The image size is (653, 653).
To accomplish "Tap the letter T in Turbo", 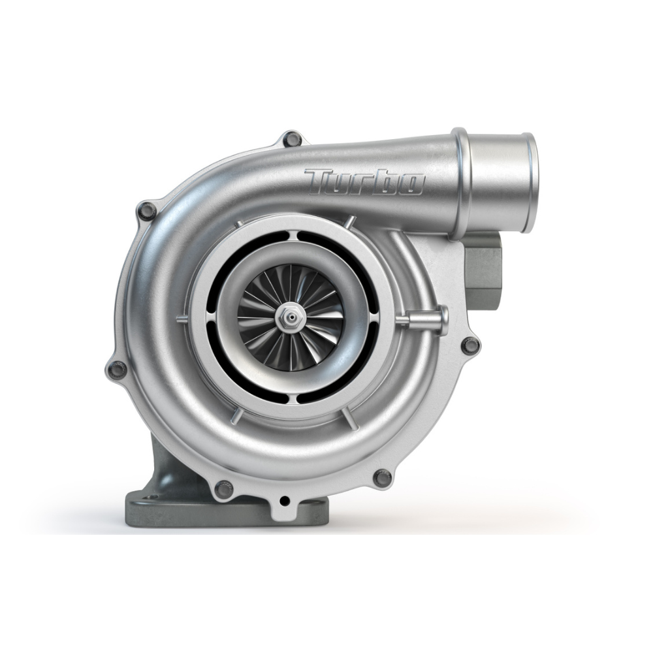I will point(321,181).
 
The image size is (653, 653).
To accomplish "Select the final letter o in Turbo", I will point(411,184).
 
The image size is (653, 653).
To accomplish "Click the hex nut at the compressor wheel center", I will point(288,318).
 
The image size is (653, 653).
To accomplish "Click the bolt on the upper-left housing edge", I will point(148,210).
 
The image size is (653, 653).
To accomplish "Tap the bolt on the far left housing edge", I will point(118,369).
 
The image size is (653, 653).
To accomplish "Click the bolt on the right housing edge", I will point(469,345).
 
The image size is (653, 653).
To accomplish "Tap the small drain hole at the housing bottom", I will point(284,502).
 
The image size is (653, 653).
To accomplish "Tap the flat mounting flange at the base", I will point(196,509).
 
